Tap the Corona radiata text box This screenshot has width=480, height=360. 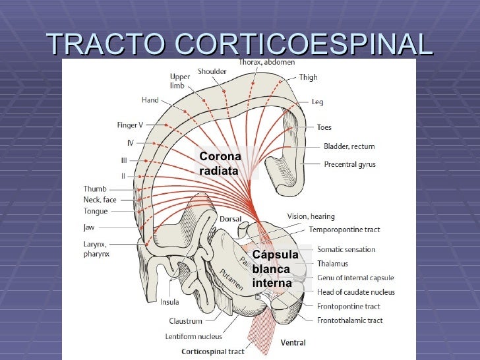pos(220,164)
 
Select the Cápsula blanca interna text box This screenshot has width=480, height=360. pos(275,269)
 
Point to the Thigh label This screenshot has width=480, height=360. pos(308,77)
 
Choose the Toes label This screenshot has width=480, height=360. pos(324,127)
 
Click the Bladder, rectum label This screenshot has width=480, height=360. pos(349,146)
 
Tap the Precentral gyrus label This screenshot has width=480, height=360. pos(349,164)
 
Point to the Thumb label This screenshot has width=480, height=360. pos(95,189)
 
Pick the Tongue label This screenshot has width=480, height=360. pos(96,212)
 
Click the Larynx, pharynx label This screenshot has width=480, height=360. pos(96,248)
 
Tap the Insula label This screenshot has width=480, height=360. pos(169,303)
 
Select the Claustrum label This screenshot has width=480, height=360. pos(185,321)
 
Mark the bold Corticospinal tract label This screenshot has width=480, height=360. pos(212,351)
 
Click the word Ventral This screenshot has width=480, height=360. pos(293,343)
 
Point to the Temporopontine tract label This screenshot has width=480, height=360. pos(344,230)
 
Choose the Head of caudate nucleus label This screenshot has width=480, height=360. pos(356,292)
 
